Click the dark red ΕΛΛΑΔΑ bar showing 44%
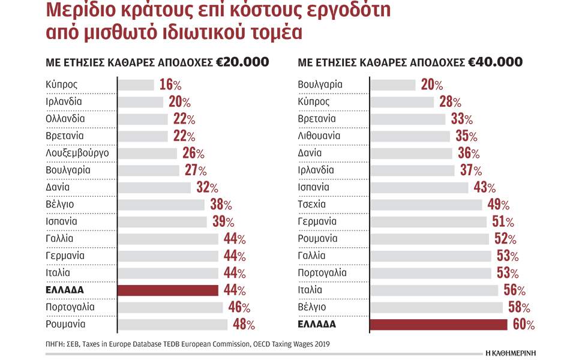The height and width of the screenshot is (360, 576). [x=168, y=290]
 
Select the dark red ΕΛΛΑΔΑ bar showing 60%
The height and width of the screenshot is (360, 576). [x=439, y=325]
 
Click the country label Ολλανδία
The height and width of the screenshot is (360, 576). [x=65, y=119]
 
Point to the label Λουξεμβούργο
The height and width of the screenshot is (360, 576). [x=77, y=153]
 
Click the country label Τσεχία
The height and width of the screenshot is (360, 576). [x=311, y=204]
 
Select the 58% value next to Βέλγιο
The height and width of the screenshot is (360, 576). [x=518, y=307]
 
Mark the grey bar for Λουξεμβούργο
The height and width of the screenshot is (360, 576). [x=148, y=153]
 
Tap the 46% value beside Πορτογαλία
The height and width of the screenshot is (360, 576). [x=237, y=307]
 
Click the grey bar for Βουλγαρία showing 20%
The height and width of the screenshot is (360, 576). [x=392, y=85]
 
